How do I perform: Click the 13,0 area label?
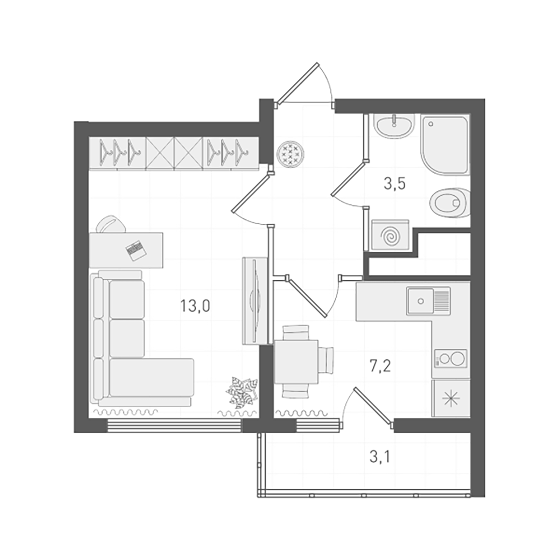195,306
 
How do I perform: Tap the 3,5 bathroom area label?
394,184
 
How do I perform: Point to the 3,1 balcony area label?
380,457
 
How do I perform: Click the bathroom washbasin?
394,126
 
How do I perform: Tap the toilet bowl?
450,203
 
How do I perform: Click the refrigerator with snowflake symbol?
451,399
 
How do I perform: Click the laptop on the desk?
136,250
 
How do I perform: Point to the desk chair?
111,224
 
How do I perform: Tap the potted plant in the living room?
242,393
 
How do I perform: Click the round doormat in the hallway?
290,154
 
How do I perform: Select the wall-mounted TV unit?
255,301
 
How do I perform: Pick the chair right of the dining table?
326,360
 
